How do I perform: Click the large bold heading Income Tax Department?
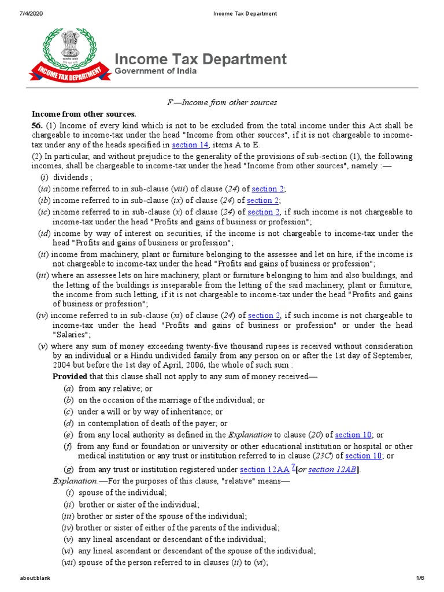201,59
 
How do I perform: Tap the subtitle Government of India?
156,72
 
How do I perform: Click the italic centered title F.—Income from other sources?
222,102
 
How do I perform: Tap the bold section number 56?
38,125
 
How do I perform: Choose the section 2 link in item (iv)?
264,316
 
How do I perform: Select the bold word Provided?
69,377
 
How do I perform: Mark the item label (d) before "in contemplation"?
69,423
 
